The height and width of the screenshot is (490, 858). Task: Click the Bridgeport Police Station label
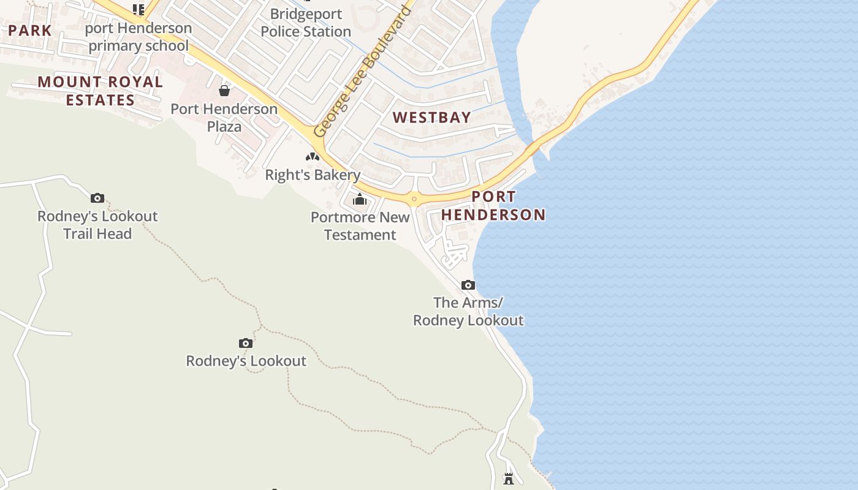point(305,23)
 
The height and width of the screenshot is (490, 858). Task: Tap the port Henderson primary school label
point(139,37)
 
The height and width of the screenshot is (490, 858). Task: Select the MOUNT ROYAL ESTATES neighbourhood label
point(101,91)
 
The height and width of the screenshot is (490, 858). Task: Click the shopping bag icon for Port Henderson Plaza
point(224,91)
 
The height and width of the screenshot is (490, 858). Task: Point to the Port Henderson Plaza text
point(224,118)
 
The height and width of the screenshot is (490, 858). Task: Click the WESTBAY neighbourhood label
point(432,118)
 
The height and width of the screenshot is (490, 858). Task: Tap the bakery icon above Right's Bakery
point(313,157)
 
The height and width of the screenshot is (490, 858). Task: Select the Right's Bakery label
point(313,175)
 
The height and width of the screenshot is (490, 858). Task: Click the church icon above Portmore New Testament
point(360,200)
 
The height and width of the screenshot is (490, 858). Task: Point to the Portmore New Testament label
point(360,226)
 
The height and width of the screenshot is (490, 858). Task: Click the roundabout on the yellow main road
point(414,198)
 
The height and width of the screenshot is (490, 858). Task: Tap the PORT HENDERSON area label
point(493,206)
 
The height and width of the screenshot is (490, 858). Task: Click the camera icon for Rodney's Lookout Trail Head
point(97,198)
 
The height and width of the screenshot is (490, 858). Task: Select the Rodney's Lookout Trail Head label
point(97,225)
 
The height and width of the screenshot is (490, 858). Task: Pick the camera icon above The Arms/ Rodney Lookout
point(468,285)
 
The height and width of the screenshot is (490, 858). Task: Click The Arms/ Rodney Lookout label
point(468,311)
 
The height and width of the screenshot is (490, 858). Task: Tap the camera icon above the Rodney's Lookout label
point(246,343)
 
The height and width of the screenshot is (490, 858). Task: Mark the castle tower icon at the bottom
point(509,478)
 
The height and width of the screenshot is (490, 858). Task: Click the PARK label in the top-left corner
point(30,30)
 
